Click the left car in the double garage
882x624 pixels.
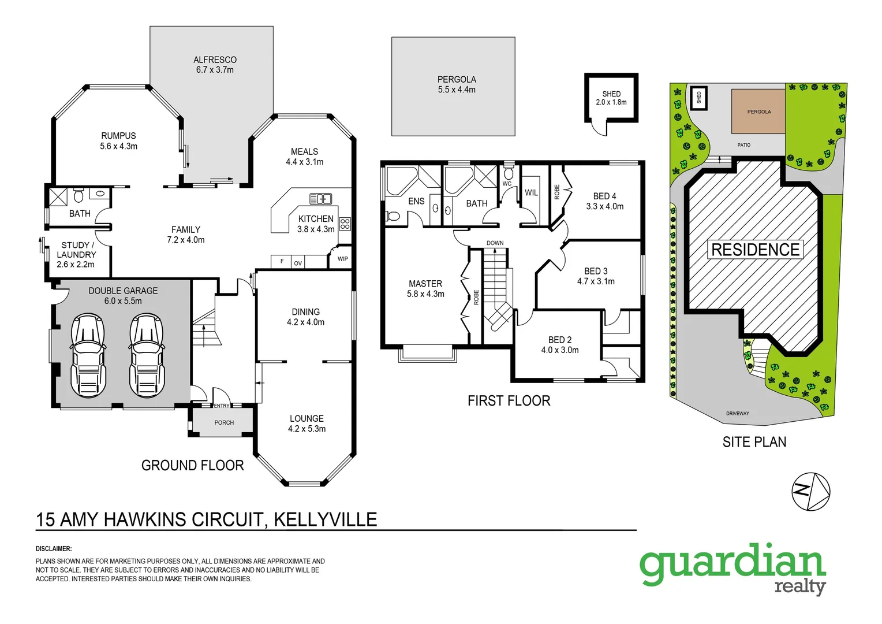(x=88, y=355)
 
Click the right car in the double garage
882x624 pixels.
(x=147, y=355)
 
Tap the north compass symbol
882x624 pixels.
(x=810, y=492)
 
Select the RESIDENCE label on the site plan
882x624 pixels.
(x=755, y=250)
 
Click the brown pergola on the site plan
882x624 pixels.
(x=758, y=112)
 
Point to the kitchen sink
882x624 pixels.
(x=320, y=199)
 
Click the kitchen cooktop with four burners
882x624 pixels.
(x=345, y=224)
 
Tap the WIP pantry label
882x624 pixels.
(x=342, y=259)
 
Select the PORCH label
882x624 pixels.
(x=224, y=423)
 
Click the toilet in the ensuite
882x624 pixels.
(x=393, y=216)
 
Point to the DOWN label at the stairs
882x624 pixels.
(x=495, y=243)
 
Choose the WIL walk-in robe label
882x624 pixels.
(x=531, y=193)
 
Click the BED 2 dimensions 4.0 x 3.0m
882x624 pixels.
(x=559, y=350)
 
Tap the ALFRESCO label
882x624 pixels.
(x=215, y=60)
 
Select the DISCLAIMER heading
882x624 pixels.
(x=54, y=549)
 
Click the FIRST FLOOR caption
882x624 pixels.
(x=509, y=401)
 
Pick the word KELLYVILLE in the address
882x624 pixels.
(x=325, y=519)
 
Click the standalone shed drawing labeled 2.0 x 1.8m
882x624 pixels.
(x=611, y=98)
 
